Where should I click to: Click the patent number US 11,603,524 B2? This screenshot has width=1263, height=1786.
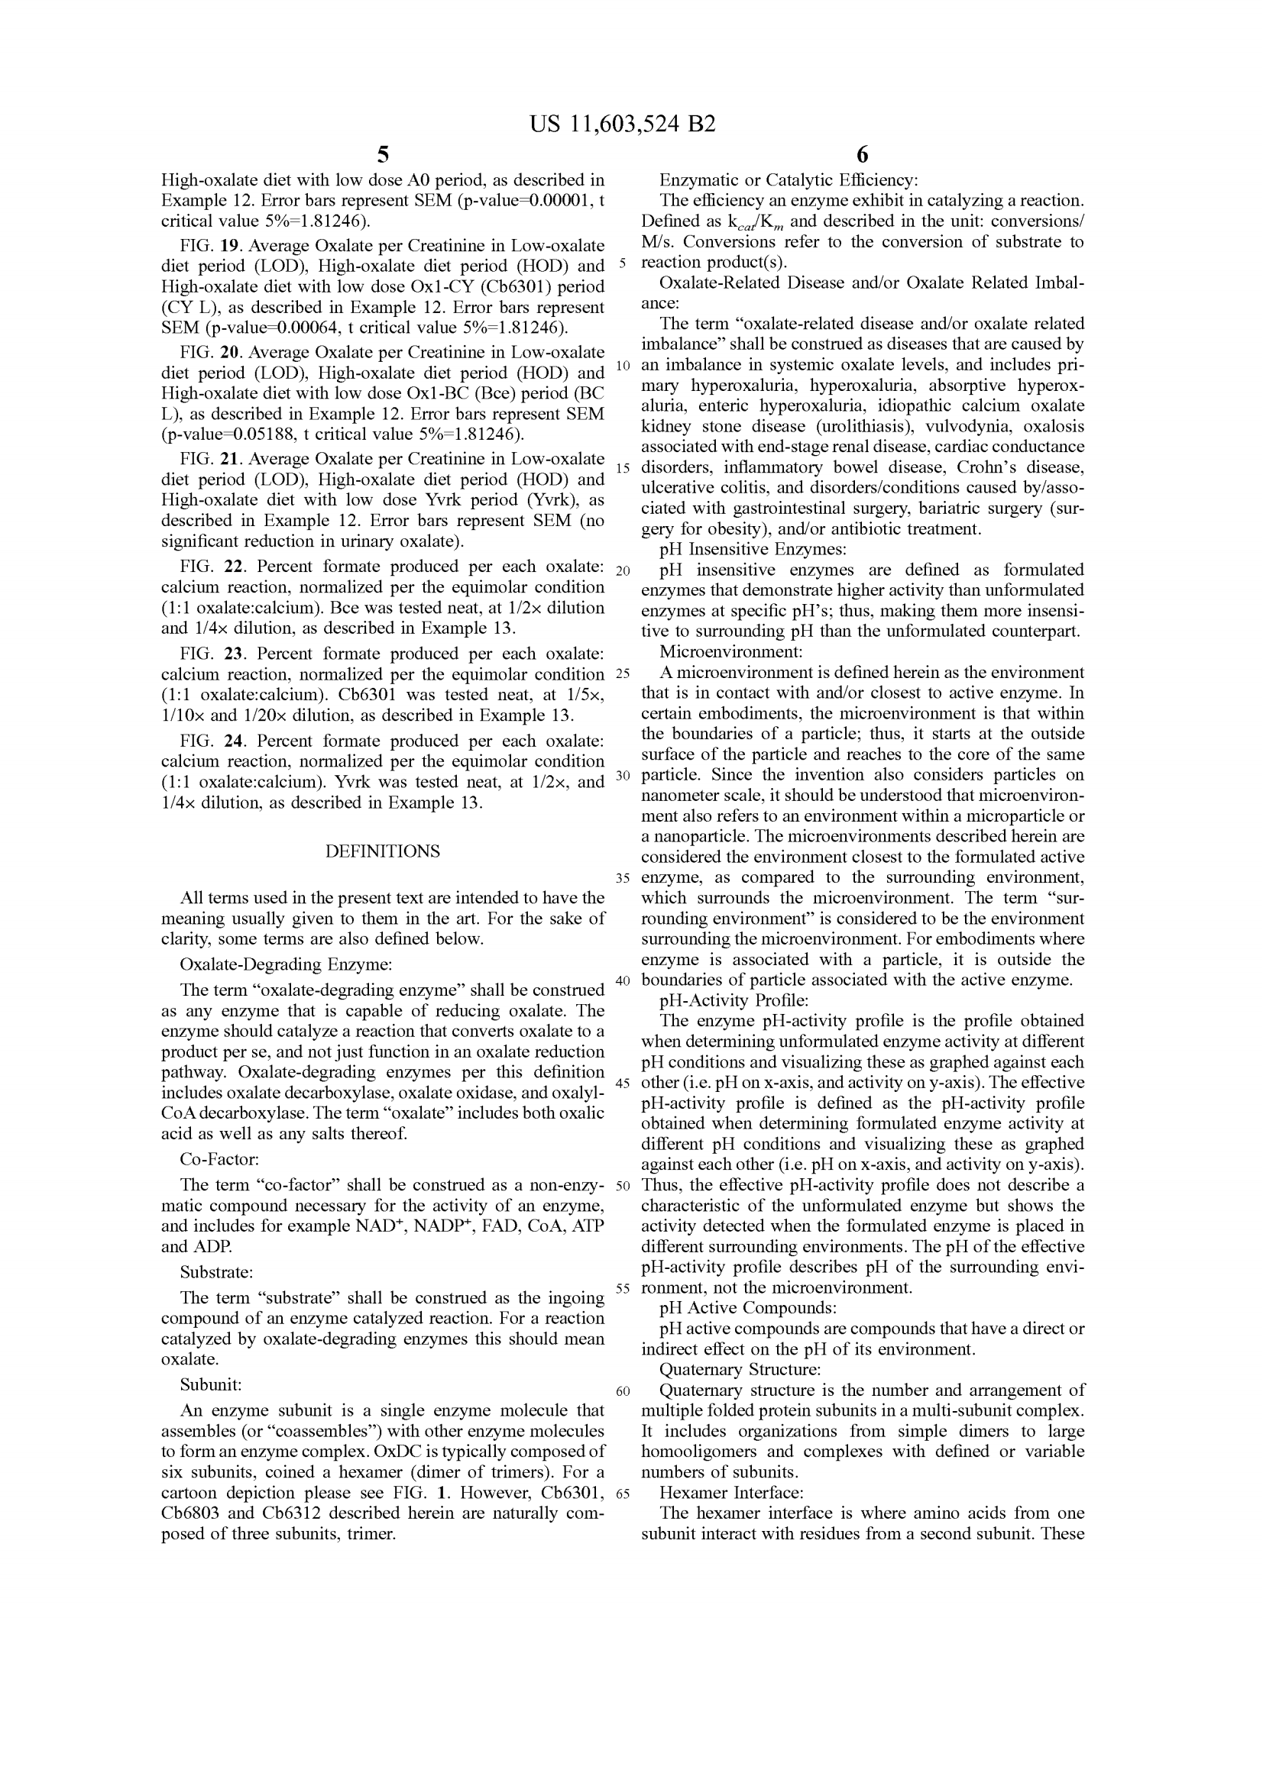(x=622, y=124)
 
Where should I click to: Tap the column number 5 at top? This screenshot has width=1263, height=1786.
(x=382, y=155)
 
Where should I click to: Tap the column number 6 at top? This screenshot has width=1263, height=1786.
(x=861, y=155)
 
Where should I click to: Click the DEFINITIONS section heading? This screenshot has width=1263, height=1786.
(x=382, y=851)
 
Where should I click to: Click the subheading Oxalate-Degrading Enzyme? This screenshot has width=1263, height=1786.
(x=286, y=964)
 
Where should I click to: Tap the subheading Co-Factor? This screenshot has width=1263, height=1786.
(x=219, y=1159)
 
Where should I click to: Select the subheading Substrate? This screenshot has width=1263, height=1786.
(x=216, y=1273)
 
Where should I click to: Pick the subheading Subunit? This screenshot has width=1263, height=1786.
(x=211, y=1384)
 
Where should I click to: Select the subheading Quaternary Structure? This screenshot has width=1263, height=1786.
(x=740, y=1369)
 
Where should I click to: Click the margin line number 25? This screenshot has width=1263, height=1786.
(x=623, y=672)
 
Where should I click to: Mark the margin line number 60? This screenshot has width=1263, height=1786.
(x=623, y=1392)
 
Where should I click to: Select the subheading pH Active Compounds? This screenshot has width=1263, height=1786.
(x=748, y=1307)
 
